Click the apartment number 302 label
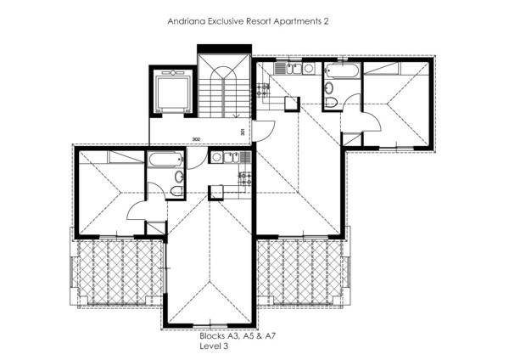click(x=196, y=139)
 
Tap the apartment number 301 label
click(x=243, y=132)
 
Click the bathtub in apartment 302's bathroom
click(x=165, y=160)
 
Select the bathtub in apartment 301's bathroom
click(x=342, y=70)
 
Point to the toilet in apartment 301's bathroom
click(x=331, y=102)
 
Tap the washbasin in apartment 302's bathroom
click(x=179, y=177)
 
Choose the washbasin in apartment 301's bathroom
click(x=329, y=87)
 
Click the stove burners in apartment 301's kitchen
click(x=263, y=90)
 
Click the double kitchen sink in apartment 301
click(x=294, y=69)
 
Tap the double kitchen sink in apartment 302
click(x=232, y=158)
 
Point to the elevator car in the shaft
click(x=173, y=92)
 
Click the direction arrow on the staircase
click(x=236, y=115)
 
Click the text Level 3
click(x=214, y=346)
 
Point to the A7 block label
click(x=271, y=336)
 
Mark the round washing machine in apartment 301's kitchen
click(x=309, y=68)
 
